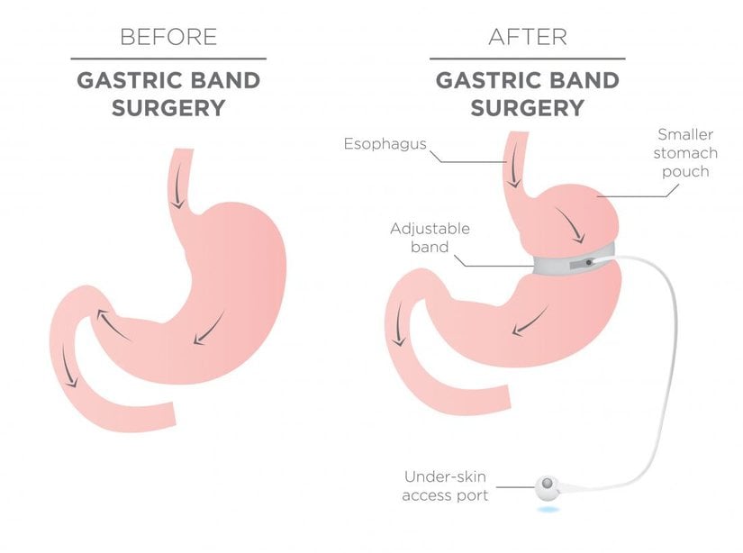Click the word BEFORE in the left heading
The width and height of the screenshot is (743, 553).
click(168, 37)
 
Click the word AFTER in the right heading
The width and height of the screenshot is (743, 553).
click(527, 37)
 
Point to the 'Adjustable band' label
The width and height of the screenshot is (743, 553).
click(430, 238)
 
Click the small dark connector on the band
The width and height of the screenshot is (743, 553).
click(588, 262)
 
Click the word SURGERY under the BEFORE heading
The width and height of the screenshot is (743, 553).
click(168, 107)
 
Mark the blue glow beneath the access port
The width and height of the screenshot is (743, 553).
click(548, 511)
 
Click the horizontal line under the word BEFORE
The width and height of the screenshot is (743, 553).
click(168, 59)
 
